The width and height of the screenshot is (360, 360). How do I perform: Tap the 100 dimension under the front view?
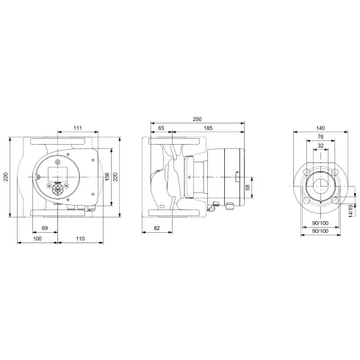point(36,240)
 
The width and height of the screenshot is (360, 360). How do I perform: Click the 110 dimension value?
point(80,240)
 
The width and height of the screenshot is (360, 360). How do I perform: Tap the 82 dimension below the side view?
point(158,231)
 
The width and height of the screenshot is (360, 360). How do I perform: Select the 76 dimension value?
point(320,137)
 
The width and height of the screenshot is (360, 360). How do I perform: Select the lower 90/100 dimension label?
point(320,233)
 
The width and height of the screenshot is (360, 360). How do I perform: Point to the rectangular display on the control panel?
point(57,172)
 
